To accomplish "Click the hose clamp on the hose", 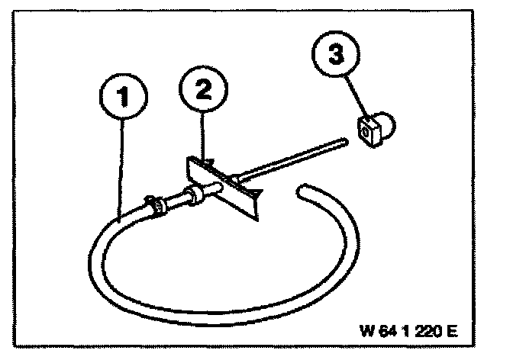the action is point(155,205).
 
